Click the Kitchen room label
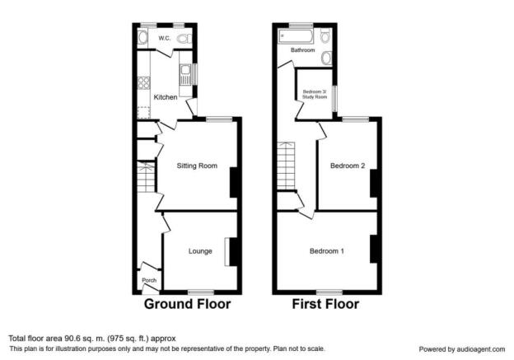[x=166, y=97]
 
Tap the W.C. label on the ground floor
[x=165, y=38]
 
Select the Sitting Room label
[x=197, y=166]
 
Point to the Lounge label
[x=200, y=251]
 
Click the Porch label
[x=149, y=280]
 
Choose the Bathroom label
[x=302, y=49]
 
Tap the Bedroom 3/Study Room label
[x=315, y=95]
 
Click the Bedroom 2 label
[x=348, y=166]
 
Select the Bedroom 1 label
[x=327, y=251]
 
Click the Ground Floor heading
[x=187, y=304]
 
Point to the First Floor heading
[x=325, y=304]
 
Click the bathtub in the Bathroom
[x=296, y=35]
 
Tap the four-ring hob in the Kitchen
[x=144, y=82]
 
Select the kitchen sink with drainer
[x=185, y=74]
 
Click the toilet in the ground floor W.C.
[x=185, y=39]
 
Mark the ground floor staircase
[x=146, y=177]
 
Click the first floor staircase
[x=286, y=166]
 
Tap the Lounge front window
[x=201, y=292]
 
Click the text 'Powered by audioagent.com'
[x=462, y=349]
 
